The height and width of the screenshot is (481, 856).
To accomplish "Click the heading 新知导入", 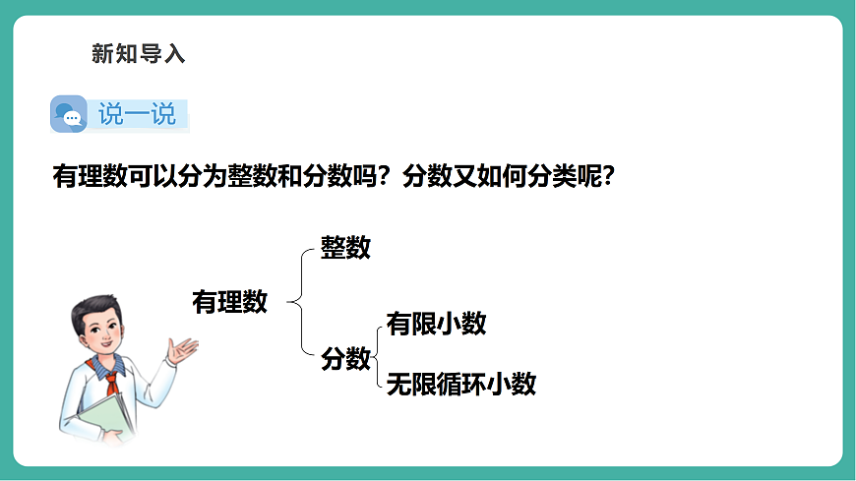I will (x=138, y=54).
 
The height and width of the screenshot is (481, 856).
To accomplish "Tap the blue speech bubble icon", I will (x=69, y=115).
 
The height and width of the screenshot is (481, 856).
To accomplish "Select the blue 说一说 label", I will (x=137, y=115).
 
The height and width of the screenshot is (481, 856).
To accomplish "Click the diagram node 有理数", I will (x=229, y=303).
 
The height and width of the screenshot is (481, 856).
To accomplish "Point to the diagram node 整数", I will (x=345, y=248).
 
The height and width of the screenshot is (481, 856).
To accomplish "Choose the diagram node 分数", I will (x=345, y=360).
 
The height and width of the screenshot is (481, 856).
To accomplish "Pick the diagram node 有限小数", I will (x=436, y=324).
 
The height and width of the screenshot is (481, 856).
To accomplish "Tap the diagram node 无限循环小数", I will (x=460, y=384).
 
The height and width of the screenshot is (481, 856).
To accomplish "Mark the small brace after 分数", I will (x=377, y=356).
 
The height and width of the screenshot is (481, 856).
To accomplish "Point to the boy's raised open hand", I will (x=182, y=348).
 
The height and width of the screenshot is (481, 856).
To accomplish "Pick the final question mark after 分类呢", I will (x=608, y=177).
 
